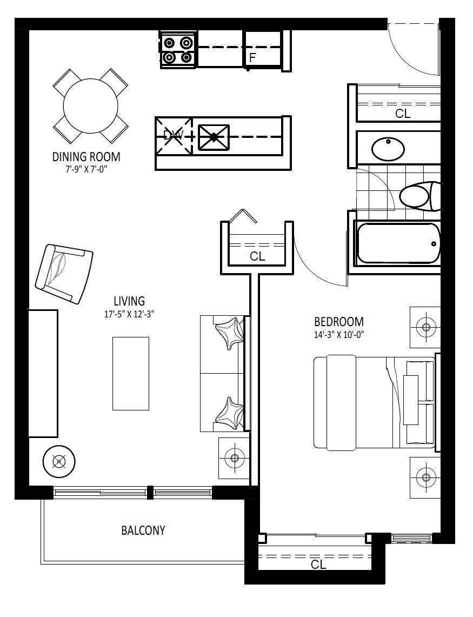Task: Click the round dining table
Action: point(90,105)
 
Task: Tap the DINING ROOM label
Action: point(86,157)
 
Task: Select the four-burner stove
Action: point(178,50)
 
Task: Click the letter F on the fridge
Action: point(252,58)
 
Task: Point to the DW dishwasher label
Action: point(173,135)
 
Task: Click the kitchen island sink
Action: point(214,137)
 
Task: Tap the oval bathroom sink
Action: point(388,149)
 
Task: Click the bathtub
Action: point(398,243)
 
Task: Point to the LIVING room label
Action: point(129,301)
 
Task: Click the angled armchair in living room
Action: point(64,274)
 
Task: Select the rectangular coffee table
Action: point(131,374)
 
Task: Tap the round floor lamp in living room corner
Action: point(59,462)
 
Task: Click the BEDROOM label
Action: point(339,322)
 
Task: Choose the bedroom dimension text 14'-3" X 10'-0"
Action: point(339,335)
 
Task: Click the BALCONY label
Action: point(143,530)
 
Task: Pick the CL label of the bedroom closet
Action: point(318,565)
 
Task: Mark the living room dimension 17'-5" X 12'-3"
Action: point(129,314)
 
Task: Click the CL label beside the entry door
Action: point(403,114)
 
